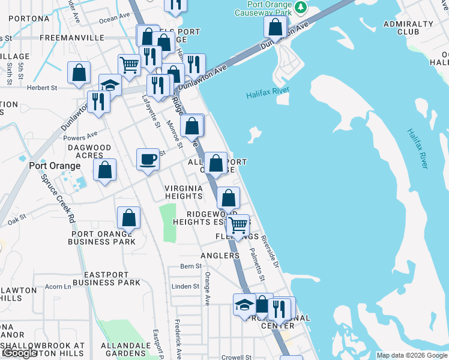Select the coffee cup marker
148,160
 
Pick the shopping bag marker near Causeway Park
276,27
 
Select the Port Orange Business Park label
102,238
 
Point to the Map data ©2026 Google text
412,355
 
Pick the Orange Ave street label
207,288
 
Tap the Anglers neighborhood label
220,256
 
